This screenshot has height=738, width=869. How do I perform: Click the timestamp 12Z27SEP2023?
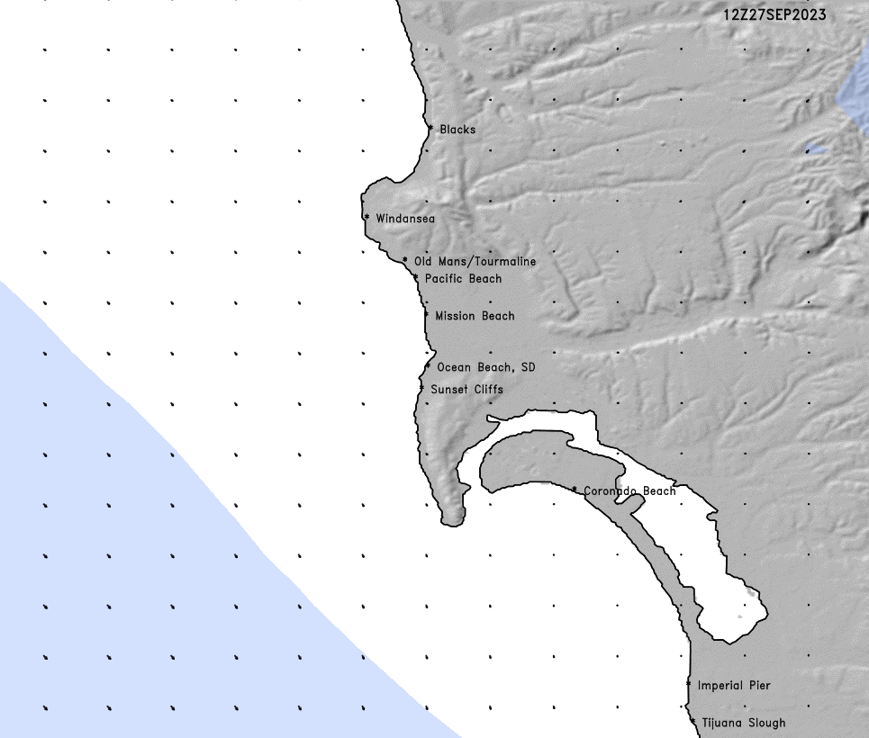pos(774,15)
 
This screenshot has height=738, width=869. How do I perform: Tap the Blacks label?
pos(457,130)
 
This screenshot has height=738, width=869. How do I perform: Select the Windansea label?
pos(405,219)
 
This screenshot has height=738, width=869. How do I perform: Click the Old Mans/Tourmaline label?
pos(475,262)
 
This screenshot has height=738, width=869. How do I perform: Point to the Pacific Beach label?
pos(463,279)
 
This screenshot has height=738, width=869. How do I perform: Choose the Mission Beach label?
pos(475,316)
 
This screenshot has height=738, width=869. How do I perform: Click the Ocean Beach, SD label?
pos(485,367)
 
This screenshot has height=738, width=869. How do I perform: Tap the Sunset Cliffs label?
pos(466,390)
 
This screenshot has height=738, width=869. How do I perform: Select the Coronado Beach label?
pos(629,491)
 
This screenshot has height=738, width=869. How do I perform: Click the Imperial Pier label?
pos(734,686)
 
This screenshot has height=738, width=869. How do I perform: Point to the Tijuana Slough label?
pos(743,723)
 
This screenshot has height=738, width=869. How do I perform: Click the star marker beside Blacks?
pos(430,129)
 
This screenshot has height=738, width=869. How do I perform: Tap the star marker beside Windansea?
pos(367,218)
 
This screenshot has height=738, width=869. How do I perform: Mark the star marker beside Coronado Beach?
pos(575,490)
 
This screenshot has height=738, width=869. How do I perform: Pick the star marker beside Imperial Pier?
pos(689,685)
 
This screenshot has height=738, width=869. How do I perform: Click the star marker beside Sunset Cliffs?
pos(421,389)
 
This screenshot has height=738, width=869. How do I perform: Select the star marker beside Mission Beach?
pos(426,315)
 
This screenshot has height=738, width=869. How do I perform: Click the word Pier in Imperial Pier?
pos(758,686)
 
